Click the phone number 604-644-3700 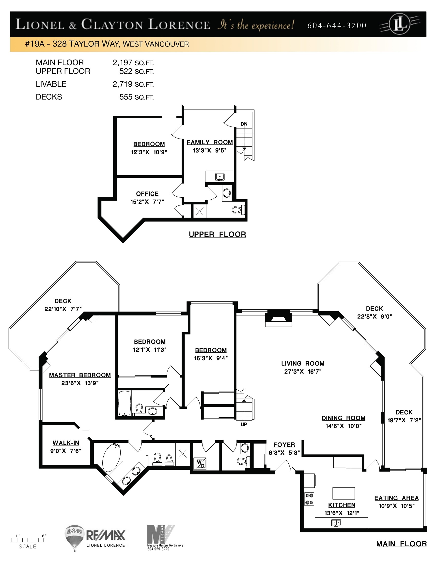click(x=337, y=25)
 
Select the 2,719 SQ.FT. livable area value click(x=133, y=84)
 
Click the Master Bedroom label click(x=80, y=375)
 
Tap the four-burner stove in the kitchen click(x=309, y=499)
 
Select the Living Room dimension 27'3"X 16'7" click(x=303, y=372)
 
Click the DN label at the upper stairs click(x=244, y=124)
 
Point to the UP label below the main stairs click(x=244, y=424)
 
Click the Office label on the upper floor click(x=147, y=194)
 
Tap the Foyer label click(x=284, y=445)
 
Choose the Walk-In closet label click(x=66, y=443)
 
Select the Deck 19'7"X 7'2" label click(x=404, y=416)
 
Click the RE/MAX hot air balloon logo click(x=75, y=537)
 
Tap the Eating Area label click(x=396, y=498)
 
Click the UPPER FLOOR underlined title click(x=217, y=234)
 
